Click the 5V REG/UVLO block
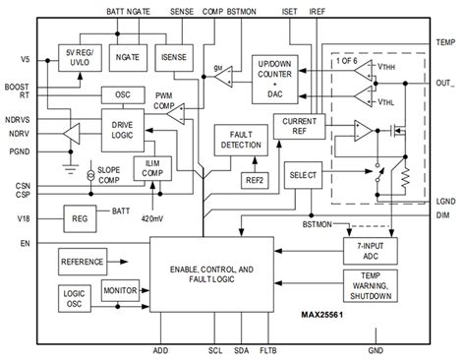click(x=81, y=57)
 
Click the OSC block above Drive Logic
click(x=124, y=95)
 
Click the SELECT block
click(x=300, y=174)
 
